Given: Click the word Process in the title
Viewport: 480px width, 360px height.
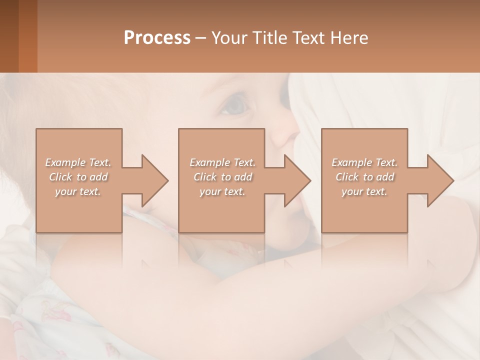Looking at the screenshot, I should pyautogui.click(x=157, y=37).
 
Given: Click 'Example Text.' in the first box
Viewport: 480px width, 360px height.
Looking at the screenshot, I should pyautogui.click(x=78, y=162).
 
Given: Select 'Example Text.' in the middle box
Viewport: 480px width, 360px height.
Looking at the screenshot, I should pyautogui.click(x=222, y=162).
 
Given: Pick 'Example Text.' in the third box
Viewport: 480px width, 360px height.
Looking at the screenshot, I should pyautogui.click(x=364, y=162).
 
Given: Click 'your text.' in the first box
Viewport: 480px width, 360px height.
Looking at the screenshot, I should pyautogui.click(x=78, y=191).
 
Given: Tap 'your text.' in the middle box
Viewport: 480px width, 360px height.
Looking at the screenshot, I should pyautogui.click(x=222, y=191).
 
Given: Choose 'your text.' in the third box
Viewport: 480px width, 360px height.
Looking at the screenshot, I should pyautogui.click(x=364, y=191).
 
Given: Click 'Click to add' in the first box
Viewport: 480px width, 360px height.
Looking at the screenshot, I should pyautogui.click(x=78, y=177).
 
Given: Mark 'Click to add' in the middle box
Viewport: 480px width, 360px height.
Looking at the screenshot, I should pyautogui.click(x=222, y=177).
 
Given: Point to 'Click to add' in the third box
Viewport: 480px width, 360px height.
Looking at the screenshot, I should pyautogui.click(x=364, y=177).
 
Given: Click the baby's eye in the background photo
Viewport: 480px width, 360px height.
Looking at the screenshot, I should pyautogui.click(x=236, y=105).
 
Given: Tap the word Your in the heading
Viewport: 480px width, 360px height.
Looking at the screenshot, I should pyautogui.click(x=228, y=37).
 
